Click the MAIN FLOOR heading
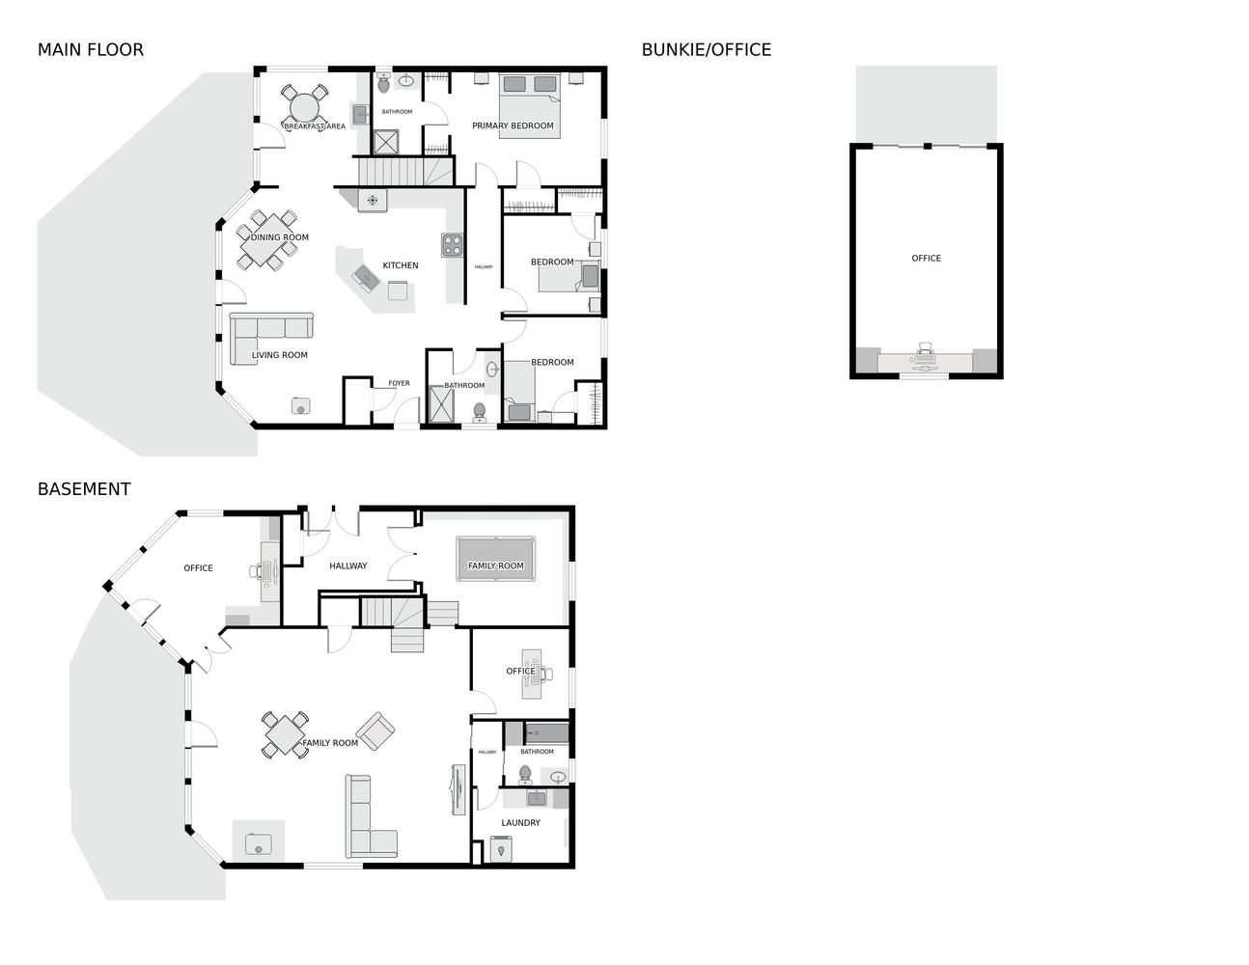coord(90,50)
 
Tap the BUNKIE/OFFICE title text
coord(706,50)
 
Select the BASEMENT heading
coord(84,489)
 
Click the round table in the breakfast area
coord(305,108)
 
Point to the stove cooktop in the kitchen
coord(452,245)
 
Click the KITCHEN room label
coord(400,265)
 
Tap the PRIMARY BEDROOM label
coord(513,125)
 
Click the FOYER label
coord(399,383)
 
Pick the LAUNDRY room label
coord(520,822)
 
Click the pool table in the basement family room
coord(495,559)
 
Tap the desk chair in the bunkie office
coord(926,348)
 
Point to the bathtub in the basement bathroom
coord(547,733)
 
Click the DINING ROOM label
coord(279,237)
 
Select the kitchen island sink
coord(366,278)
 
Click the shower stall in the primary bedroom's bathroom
coord(386,143)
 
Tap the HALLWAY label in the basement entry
coord(347,565)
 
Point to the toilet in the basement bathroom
coord(525,775)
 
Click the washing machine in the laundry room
coord(501,849)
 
